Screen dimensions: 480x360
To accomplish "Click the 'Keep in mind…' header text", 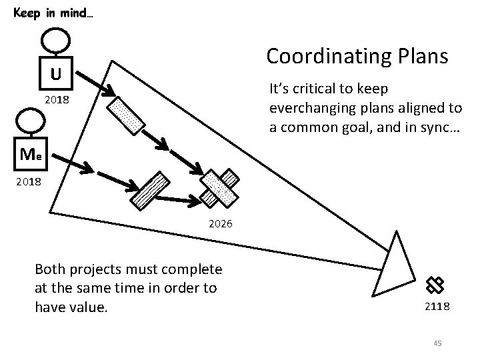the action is coord(53,13).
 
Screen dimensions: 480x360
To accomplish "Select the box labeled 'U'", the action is coord(57,73).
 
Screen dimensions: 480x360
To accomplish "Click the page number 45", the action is coord(437,343).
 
